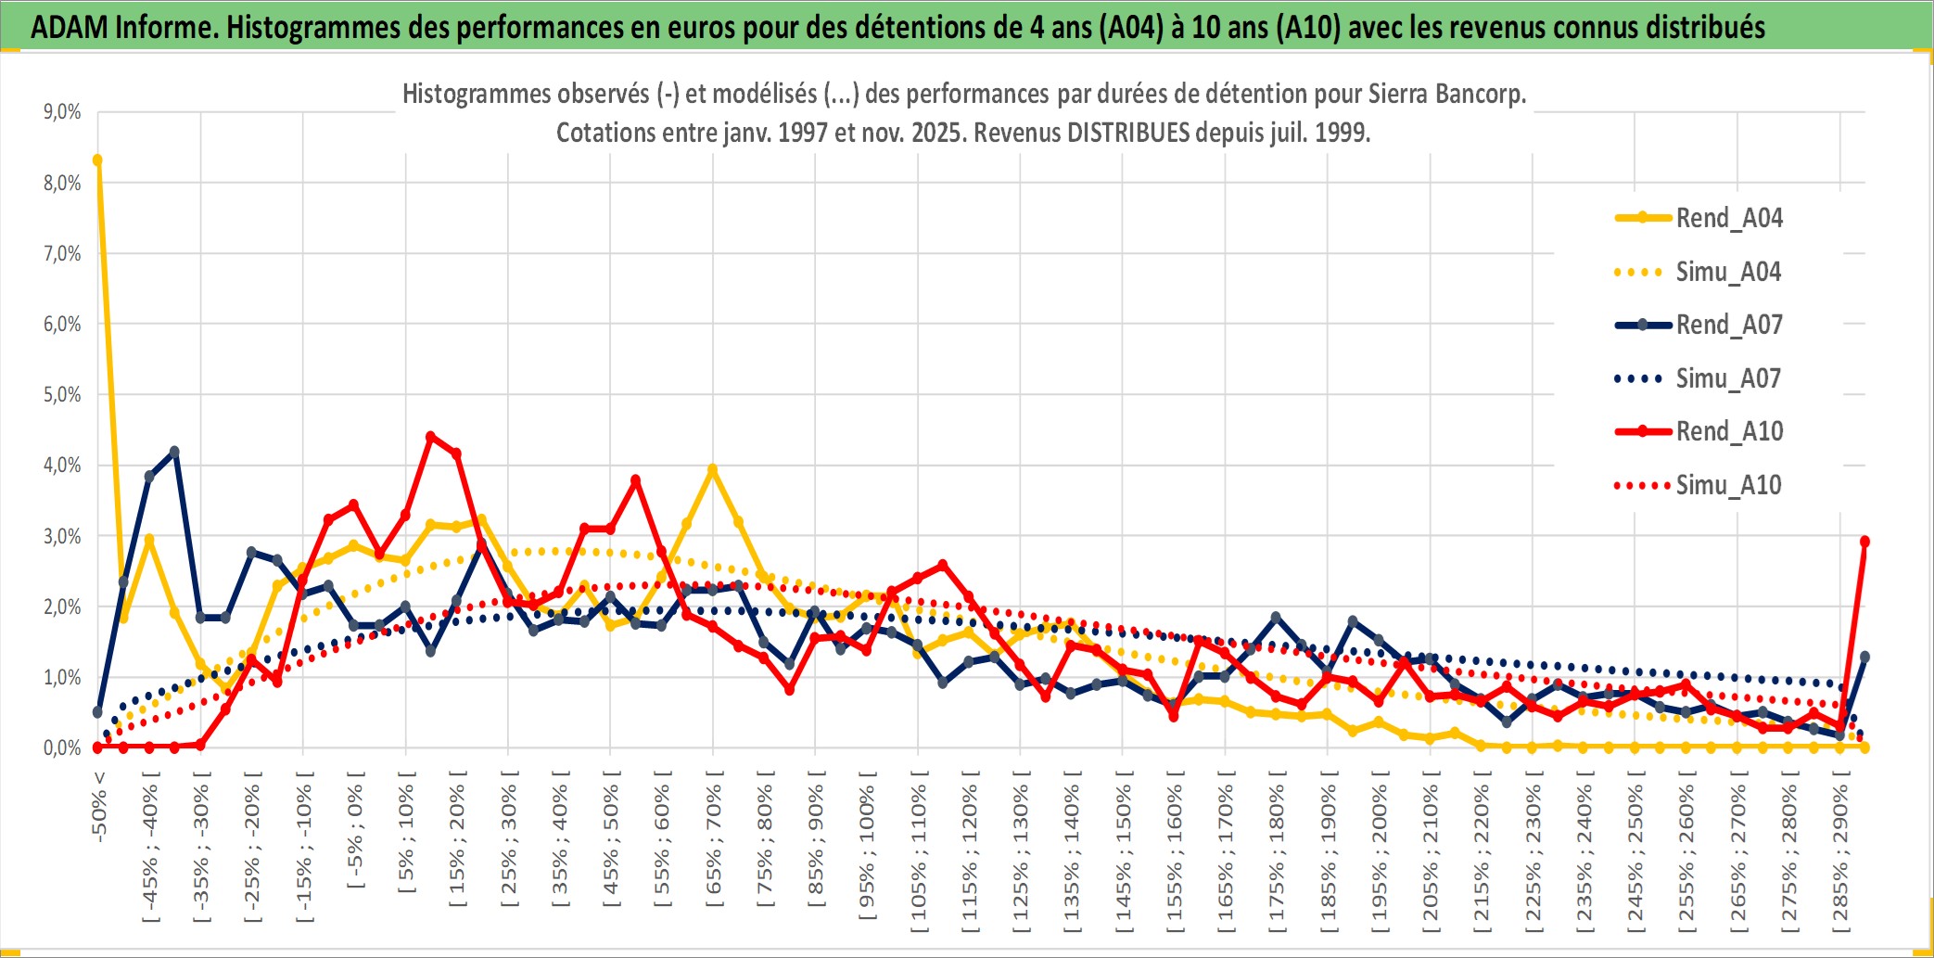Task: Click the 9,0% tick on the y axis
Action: (62, 112)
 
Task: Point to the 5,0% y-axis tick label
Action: (62, 395)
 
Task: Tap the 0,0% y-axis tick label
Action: (62, 747)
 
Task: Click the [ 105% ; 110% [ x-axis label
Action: (919, 853)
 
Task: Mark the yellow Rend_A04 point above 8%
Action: (97, 160)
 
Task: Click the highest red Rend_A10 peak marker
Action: (430, 436)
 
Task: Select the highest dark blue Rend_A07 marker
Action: (174, 452)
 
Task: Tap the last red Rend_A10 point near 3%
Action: (1864, 542)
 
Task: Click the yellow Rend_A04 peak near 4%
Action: (712, 470)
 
